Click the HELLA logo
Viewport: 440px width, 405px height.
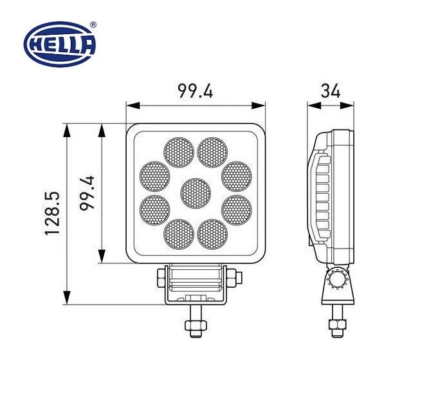(x=59, y=44)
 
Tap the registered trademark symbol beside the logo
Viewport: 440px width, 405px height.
(x=93, y=24)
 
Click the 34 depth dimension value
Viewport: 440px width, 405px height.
(x=330, y=91)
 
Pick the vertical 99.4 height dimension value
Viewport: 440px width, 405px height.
(x=87, y=193)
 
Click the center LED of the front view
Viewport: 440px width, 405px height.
(x=196, y=193)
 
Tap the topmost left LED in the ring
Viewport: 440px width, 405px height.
(x=179, y=151)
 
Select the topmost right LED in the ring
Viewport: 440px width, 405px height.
(x=213, y=151)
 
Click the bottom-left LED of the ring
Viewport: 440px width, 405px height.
(x=179, y=234)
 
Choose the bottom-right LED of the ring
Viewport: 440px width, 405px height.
(x=213, y=234)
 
